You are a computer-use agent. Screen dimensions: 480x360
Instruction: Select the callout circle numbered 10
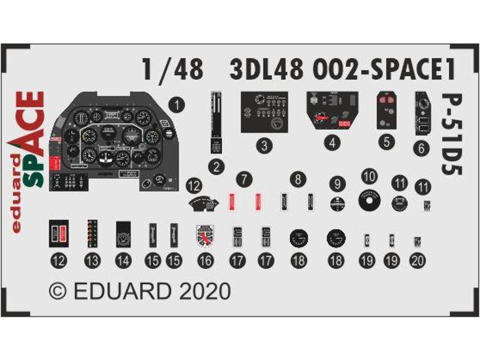[x=370, y=177]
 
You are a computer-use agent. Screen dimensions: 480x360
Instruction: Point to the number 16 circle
[x=205, y=261]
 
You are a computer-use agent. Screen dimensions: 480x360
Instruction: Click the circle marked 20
[x=417, y=261]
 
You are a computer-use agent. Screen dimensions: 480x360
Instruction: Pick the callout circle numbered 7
[x=244, y=179]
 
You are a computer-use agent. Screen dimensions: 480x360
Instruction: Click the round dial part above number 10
[x=369, y=201]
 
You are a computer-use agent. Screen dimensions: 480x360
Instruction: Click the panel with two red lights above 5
[x=386, y=110]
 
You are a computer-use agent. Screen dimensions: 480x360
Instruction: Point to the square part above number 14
[x=123, y=233]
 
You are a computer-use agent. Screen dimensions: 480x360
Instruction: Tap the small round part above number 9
[x=337, y=203]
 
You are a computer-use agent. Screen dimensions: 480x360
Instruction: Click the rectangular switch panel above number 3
[x=264, y=112]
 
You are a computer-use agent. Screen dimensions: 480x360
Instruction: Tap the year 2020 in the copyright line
[x=207, y=291]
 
